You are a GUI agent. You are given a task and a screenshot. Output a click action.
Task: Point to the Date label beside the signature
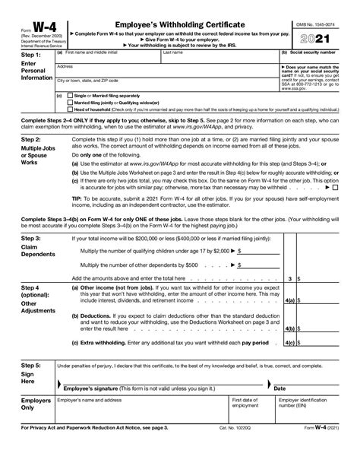click(279, 387)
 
